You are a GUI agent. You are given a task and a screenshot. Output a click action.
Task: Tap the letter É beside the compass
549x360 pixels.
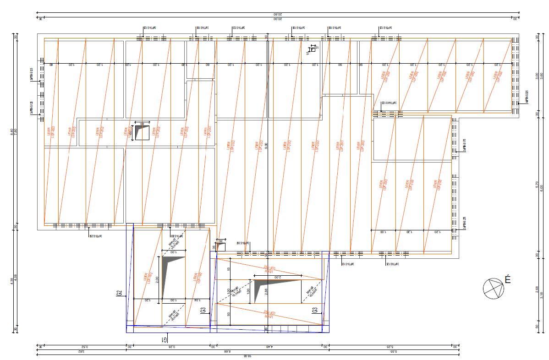click(x=507, y=279)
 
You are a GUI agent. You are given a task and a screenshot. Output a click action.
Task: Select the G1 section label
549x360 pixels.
click(x=164, y=339)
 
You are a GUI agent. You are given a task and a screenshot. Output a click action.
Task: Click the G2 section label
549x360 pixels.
click(x=119, y=293)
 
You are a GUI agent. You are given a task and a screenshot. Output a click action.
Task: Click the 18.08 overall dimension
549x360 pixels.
click(x=248, y=356)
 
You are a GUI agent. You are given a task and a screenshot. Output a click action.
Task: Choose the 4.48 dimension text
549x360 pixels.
click(x=269, y=347)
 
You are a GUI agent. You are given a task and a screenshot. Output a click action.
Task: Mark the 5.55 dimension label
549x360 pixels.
click(x=393, y=351)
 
